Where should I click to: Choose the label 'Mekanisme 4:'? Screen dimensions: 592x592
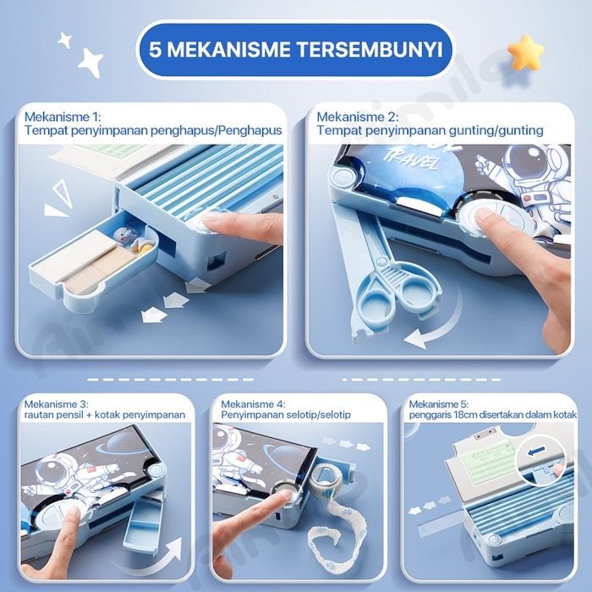coord(254,404)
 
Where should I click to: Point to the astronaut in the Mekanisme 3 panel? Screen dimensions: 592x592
coord(68,474)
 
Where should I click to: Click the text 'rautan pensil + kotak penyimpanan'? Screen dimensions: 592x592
coord(104,415)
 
